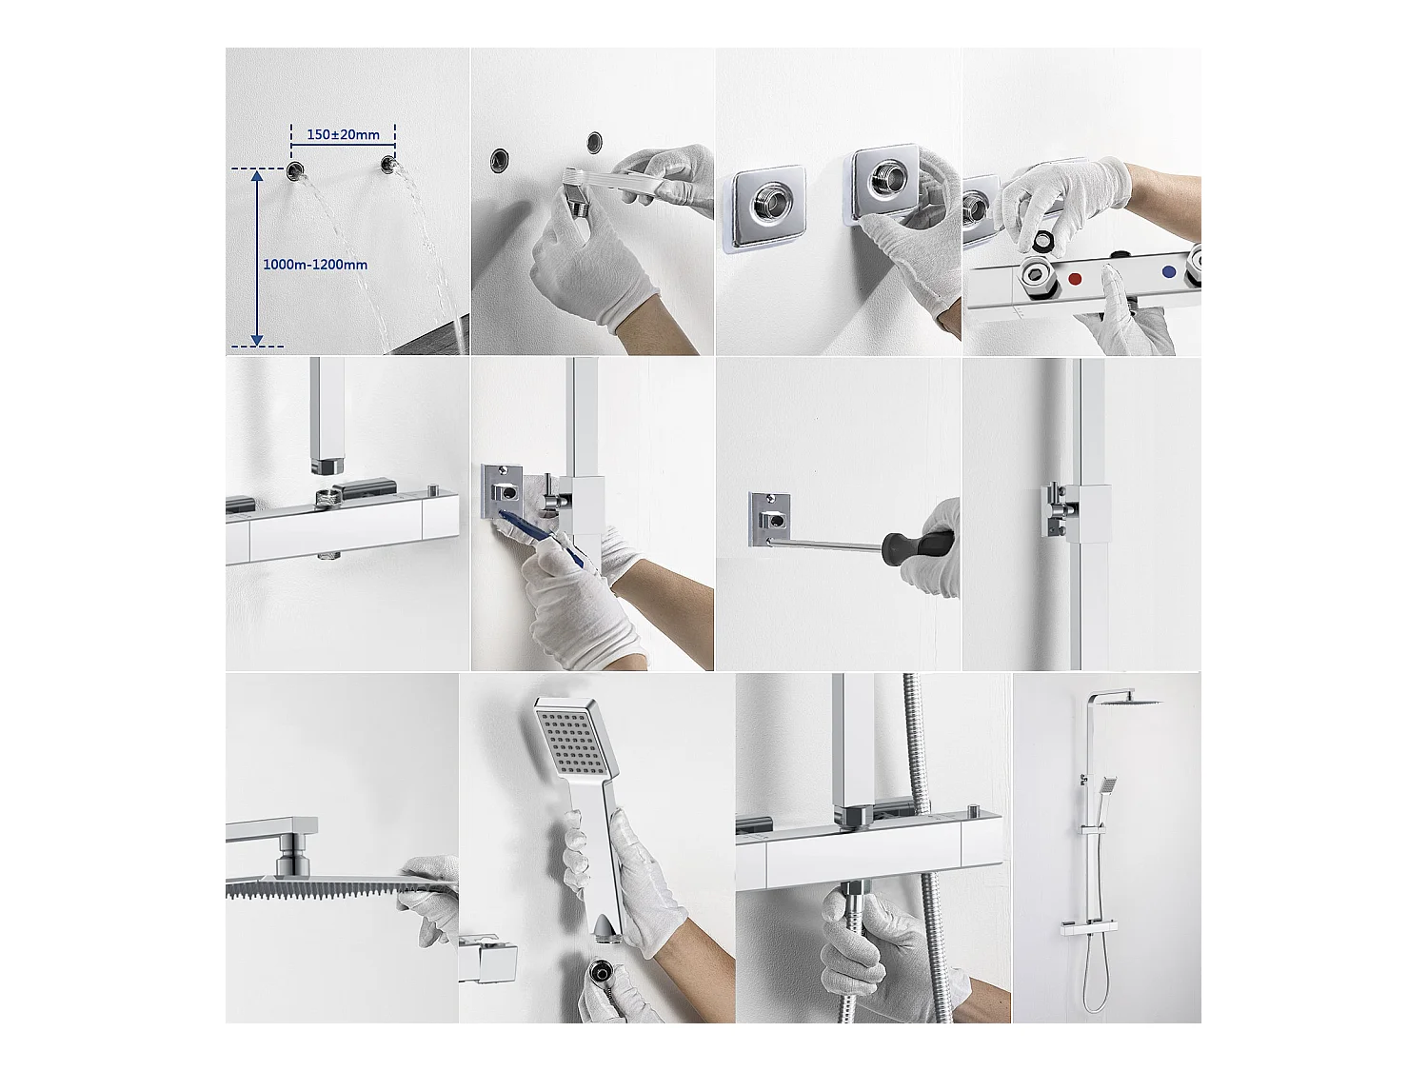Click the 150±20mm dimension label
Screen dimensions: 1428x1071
coord(343,134)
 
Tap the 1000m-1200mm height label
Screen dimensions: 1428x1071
coord(315,265)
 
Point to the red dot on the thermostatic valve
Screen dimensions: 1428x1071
coord(1075,279)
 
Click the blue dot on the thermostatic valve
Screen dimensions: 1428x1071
coord(1169,272)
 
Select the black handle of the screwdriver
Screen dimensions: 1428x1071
coord(919,544)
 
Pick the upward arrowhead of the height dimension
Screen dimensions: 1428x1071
coord(257,175)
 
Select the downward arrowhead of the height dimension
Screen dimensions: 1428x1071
coord(257,340)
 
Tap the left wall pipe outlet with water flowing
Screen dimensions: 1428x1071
coord(295,171)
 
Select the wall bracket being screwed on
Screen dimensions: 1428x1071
coord(769,519)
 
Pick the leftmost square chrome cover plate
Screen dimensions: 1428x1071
coord(764,208)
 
